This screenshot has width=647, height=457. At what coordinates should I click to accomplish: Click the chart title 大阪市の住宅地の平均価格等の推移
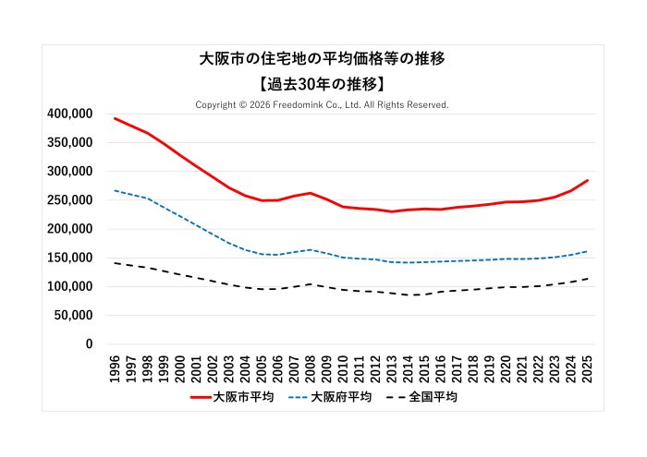point(323,58)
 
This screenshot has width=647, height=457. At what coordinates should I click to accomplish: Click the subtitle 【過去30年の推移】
point(323,83)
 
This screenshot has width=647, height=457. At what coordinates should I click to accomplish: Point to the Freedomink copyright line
point(322,105)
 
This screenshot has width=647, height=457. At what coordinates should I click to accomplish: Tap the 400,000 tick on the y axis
point(69,114)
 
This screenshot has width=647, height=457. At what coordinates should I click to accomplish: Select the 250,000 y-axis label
point(69,200)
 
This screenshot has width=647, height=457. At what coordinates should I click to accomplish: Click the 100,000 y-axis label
point(69,287)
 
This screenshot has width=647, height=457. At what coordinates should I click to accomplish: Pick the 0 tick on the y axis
point(89,344)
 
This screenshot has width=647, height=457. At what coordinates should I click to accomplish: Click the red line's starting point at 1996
point(116,118)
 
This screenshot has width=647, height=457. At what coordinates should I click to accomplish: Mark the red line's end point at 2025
point(587,181)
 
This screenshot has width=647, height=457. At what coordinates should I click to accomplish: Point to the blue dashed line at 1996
point(116,191)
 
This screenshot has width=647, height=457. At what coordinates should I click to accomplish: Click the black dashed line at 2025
point(587,279)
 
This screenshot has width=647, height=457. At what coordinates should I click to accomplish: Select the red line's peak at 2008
point(311,193)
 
